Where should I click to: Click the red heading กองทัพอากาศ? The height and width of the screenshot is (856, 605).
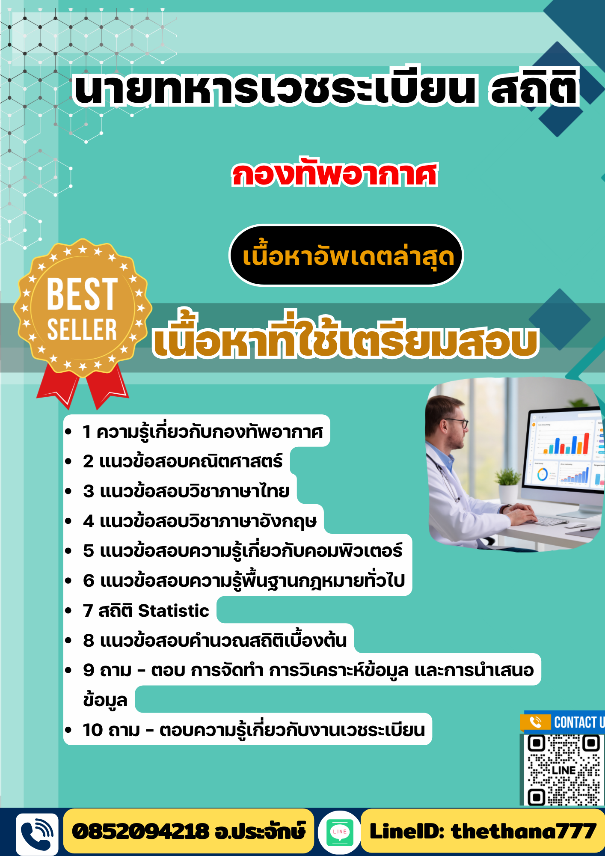(335, 175)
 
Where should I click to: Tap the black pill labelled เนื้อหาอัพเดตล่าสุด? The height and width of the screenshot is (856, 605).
(347, 256)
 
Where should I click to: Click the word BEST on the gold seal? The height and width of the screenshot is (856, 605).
(82, 294)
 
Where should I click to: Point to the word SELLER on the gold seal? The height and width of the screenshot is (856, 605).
(82, 330)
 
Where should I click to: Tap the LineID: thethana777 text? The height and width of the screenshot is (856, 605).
(483, 832)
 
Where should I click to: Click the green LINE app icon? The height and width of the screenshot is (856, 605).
(340, 832)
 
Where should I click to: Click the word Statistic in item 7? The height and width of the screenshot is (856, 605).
(174, 611)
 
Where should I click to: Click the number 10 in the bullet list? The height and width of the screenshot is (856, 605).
(93, 730)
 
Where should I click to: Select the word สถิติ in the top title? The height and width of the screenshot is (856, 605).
(534, 89)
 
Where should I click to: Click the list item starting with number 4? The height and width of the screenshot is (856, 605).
(199, 521)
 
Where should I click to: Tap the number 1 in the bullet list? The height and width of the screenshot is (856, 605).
(87, 432)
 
